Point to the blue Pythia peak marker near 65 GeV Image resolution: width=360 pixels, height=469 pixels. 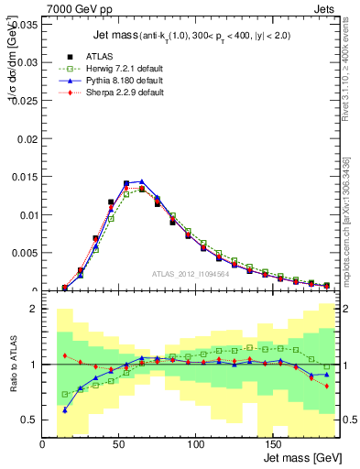141,182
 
